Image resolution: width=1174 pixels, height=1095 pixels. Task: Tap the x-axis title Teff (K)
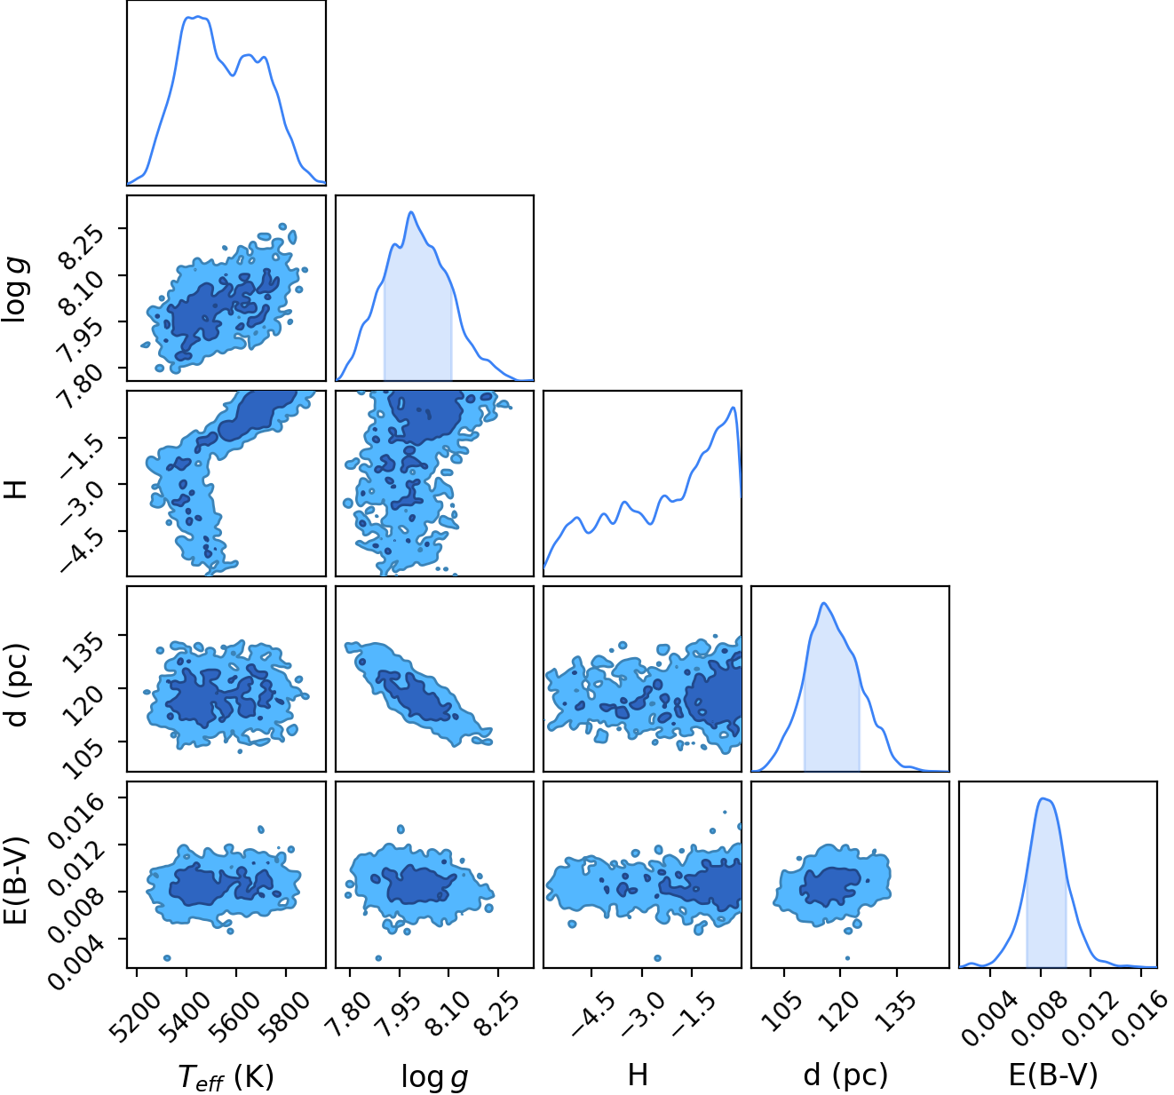coord(226,1076)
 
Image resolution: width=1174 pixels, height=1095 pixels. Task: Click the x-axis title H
coord(638,1075)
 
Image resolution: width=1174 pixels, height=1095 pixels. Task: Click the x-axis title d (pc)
coord(846,1075)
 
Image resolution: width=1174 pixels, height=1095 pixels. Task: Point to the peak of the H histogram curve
coord(733,408)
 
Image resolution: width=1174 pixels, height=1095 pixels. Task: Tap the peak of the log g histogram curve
coord(411,212)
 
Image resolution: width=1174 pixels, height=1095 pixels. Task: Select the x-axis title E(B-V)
coord(1053,1075)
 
